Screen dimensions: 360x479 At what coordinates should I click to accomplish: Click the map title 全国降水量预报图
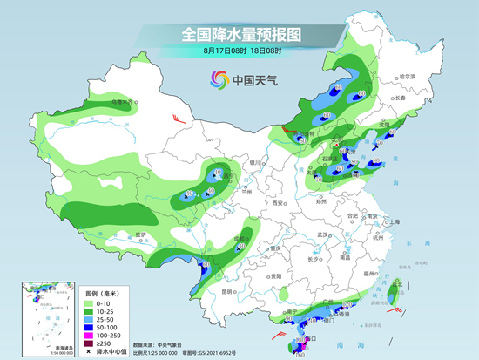coord(239,34)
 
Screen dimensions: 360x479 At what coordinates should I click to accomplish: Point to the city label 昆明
coord(227,290)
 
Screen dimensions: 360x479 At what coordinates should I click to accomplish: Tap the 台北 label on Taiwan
coord(399,285)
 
